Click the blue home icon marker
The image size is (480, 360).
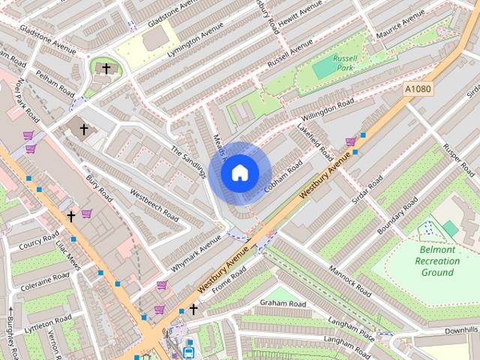point(239,173)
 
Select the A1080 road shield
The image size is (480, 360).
point(418,89)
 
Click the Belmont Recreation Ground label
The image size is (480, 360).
point(436,261)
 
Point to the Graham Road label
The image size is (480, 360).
point(283,303)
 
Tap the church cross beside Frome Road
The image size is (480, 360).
point(193,309)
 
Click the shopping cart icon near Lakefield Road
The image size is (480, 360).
point(350,142)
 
